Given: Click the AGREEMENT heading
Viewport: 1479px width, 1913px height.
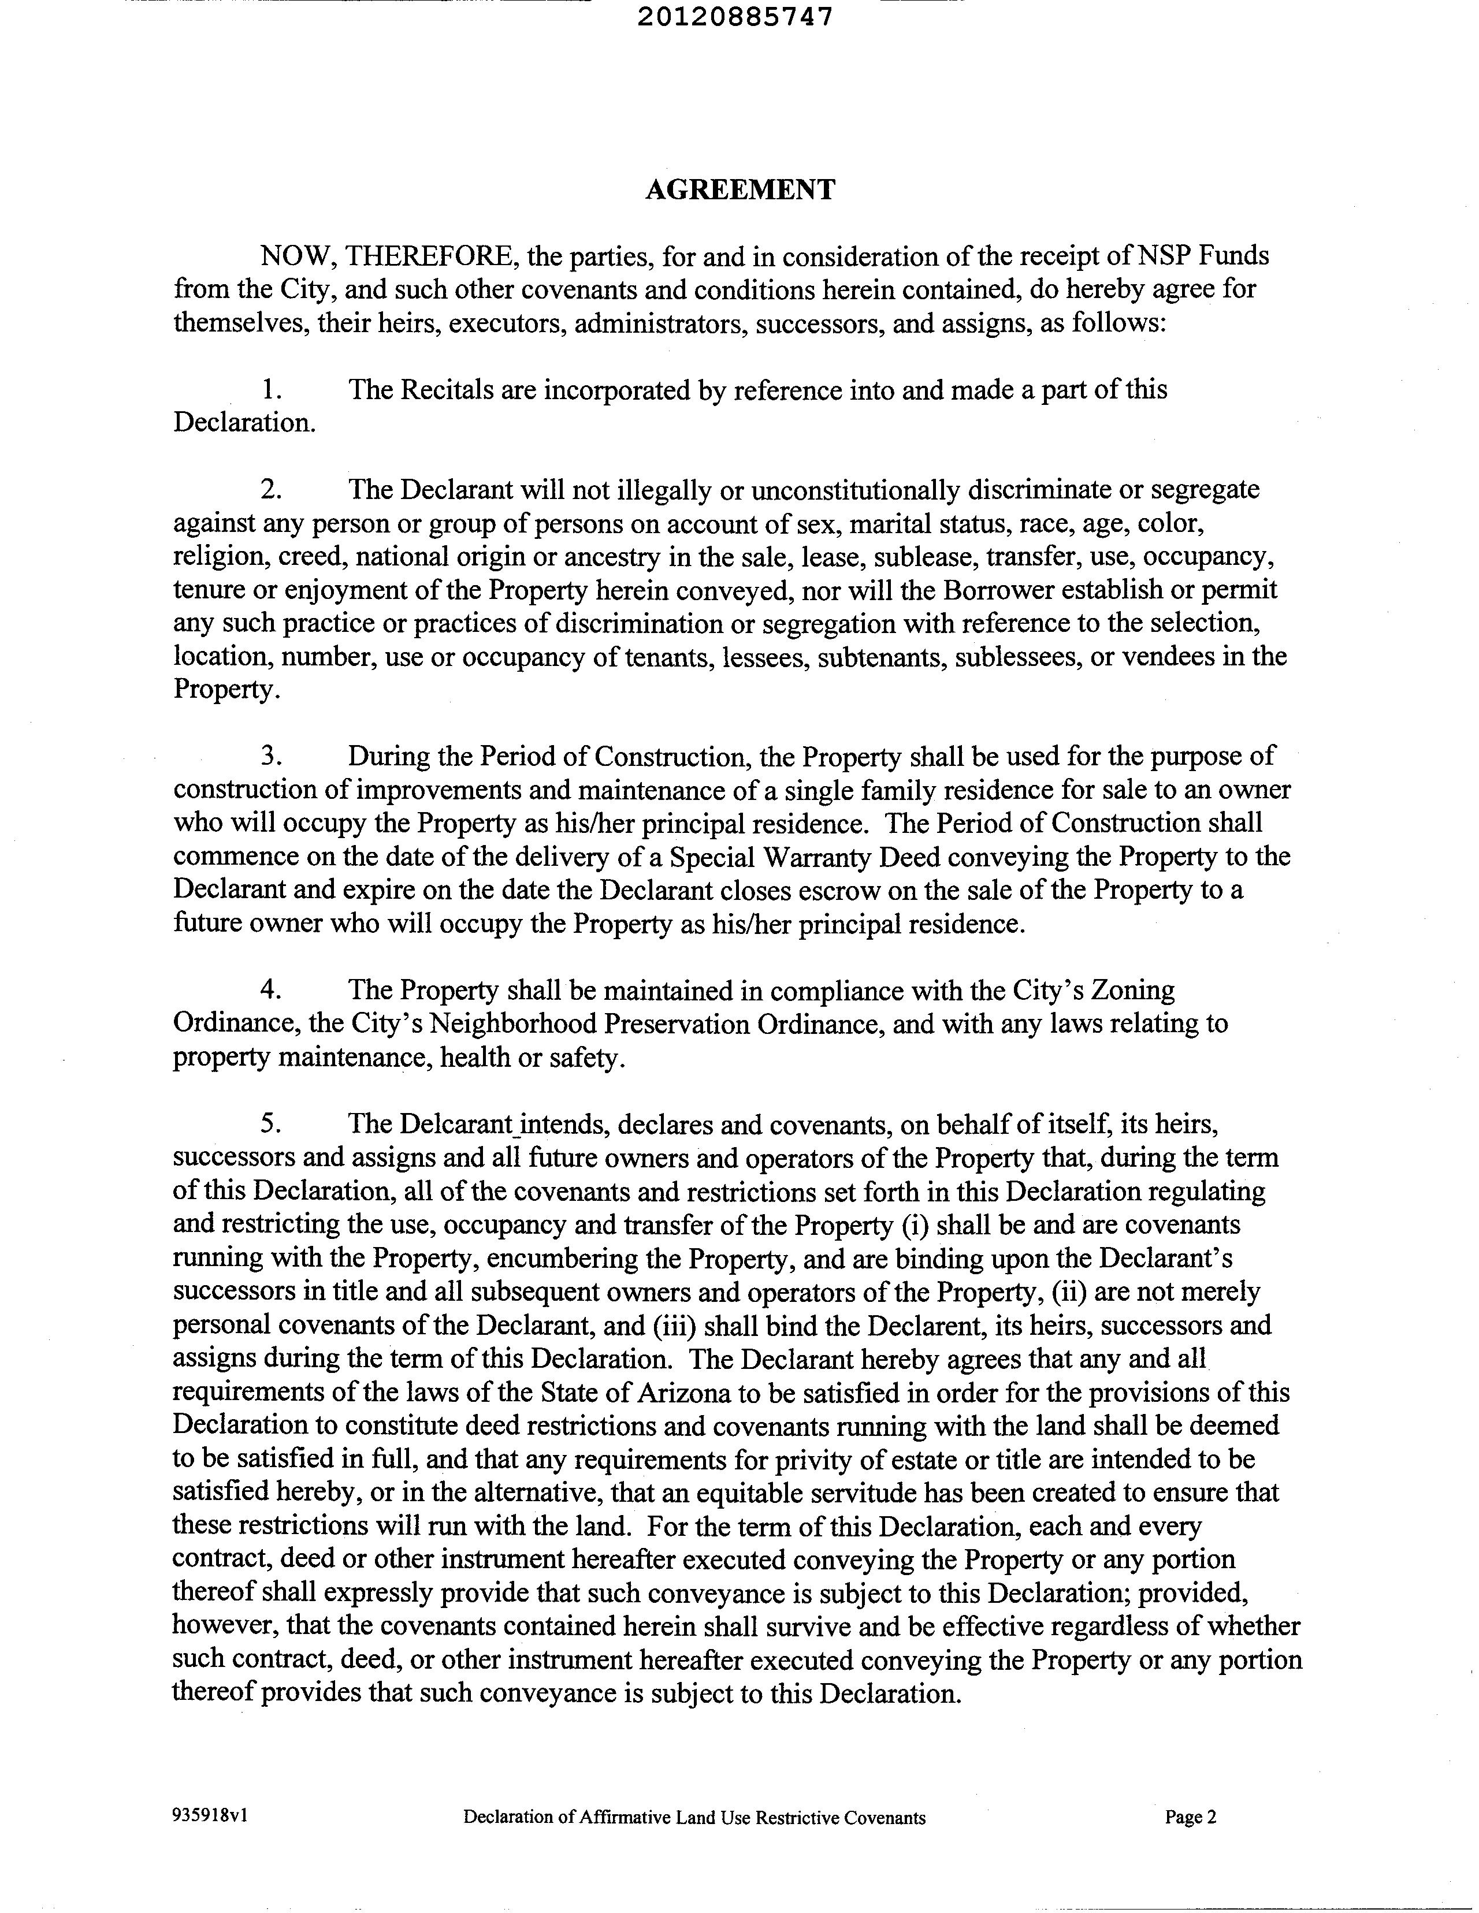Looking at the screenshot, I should tap(741, 189).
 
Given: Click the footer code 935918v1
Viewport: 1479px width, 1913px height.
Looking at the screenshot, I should tap(210, 1816).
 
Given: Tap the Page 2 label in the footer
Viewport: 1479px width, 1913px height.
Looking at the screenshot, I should tap(1190, 1817).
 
